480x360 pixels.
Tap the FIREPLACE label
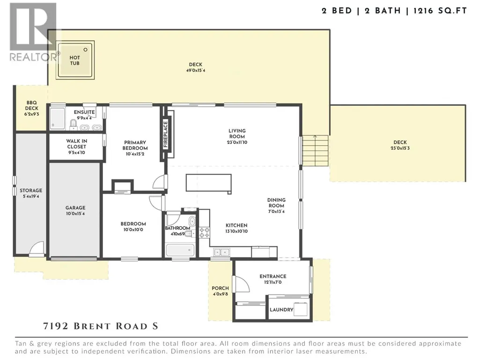(166, 134)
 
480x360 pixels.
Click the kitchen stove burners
(205, 233)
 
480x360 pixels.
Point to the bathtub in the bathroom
(180, 250)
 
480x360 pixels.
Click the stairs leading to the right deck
(315, 151)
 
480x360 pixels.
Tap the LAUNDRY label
(281, 310)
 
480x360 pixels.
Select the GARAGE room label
(75, 208)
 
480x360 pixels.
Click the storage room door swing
(37, 248)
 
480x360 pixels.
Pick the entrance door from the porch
(241, 284)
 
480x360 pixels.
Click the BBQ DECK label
(31, 105)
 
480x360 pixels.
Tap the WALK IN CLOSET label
(76, 144)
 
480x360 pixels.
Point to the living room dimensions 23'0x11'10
(237, 142)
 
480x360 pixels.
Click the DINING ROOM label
(276, 203)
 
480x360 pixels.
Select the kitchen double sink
(222, 252)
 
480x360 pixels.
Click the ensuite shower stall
(58, 118)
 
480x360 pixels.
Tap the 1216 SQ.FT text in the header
(440, 11)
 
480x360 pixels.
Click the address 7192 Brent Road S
(101, 326)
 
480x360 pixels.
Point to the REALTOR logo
(34, 32)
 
